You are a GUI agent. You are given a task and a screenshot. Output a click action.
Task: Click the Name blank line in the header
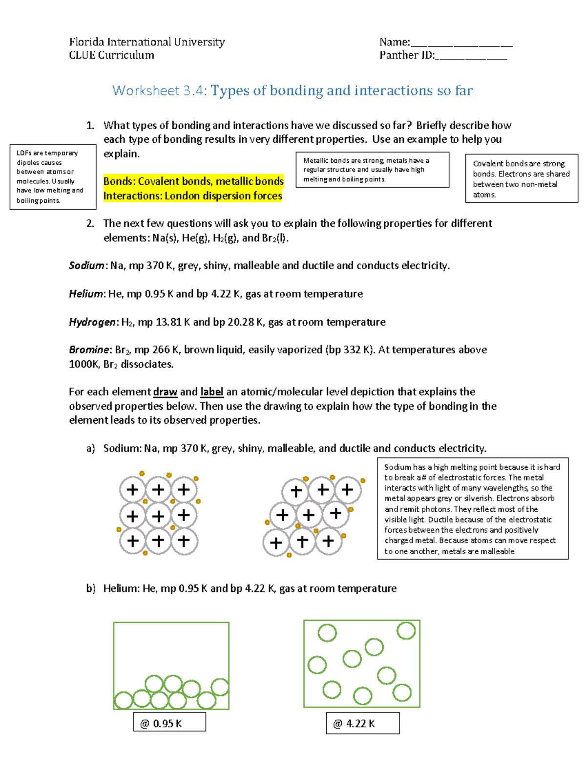click(x=461, y=44)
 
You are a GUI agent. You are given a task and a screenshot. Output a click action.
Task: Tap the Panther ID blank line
click(x=471, y=58)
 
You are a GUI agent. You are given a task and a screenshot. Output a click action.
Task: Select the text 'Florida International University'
click(x=146, y=42)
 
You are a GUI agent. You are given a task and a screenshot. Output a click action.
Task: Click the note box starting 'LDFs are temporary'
click(x=53, y=176)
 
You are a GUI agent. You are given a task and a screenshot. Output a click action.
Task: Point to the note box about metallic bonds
click(x=372, y=170)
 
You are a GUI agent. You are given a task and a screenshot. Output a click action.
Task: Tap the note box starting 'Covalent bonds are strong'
click(x=522, y=178)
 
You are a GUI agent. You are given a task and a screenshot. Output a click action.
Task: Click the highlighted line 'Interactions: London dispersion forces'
click(x=193, y=196)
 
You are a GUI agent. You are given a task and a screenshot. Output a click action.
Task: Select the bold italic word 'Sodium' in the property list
click(x=86, y=266)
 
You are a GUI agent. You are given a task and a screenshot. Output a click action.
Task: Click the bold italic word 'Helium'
click(x=86, y=294)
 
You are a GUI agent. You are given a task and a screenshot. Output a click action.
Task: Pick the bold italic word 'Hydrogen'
click(x=92, y=322)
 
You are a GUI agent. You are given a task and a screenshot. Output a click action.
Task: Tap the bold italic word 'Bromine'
click(x=89, y=350)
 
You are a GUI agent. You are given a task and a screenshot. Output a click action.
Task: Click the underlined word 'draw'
click(x=165, y=392)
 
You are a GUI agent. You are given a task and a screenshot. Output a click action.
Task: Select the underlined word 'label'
click(x=212, y=392)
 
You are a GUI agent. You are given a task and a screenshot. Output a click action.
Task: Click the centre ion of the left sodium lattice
click(x=158, y=516)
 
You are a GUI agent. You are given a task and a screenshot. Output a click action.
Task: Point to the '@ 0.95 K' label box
click(x=169, y=723)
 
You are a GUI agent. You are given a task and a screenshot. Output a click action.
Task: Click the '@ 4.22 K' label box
click(x=363, y=723)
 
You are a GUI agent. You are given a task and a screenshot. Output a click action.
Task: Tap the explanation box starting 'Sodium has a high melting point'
click(x=472, y=509)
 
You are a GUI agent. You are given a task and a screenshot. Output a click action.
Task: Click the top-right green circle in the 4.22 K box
click(x=406, y=630)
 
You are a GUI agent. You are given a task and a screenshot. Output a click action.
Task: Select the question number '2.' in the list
click(x=90, y=224)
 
